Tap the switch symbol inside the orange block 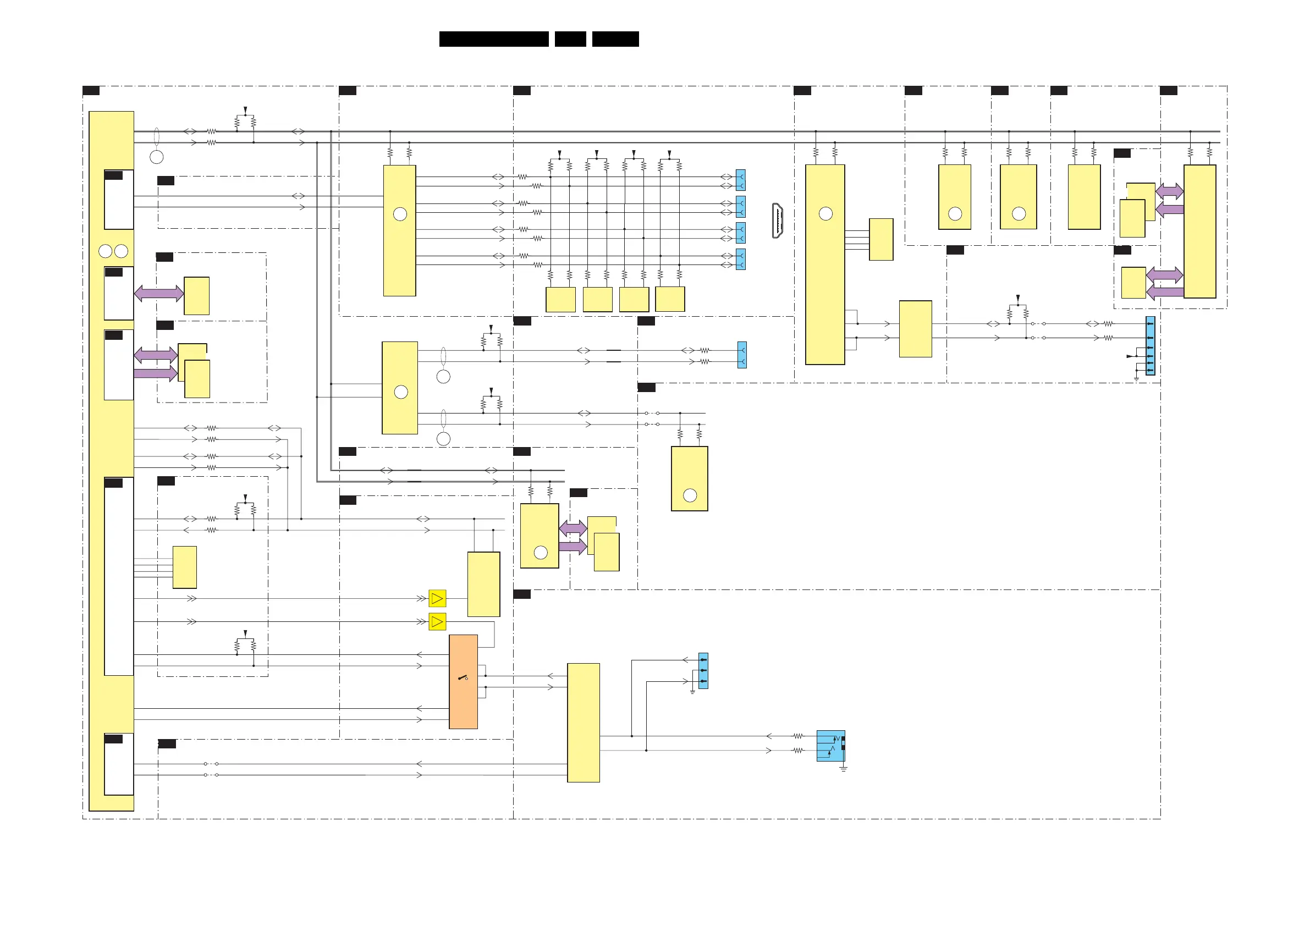(463, 678)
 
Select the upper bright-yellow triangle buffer (437, 598)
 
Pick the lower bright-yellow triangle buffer (437, 621)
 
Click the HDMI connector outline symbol (777, 221)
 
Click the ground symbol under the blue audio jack (843, 769)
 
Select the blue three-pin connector (703, 670)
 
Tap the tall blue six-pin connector (1151, 346)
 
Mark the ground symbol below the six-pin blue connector (1136, 379)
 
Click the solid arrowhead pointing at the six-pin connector (1130, 356)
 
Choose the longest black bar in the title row (493, 39)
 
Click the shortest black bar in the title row (570, 39)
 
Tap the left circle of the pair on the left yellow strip (106, 251)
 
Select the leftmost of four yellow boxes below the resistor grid (560, 300)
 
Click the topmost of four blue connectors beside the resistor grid (741, 180)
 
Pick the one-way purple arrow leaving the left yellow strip (155, 374)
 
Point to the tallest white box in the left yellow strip (119, 576)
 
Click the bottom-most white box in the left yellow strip (119, 764)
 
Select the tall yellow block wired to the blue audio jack (583, 723)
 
